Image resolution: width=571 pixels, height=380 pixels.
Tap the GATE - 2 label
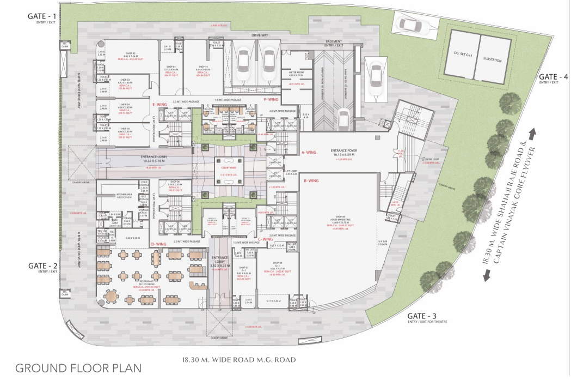click(x=44, y=266)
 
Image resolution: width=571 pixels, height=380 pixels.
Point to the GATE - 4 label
click(x=553, y=77)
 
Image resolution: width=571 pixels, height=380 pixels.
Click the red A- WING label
click(x=309, y=153)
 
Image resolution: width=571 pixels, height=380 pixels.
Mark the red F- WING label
click(x=271, y=100)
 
